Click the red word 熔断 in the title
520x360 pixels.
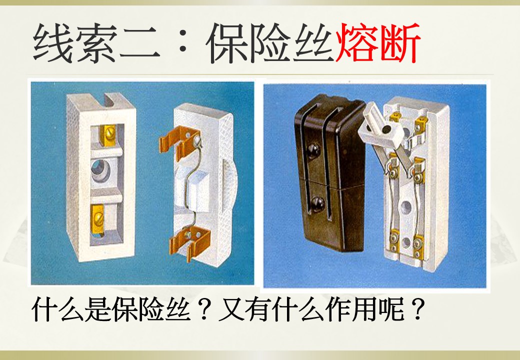(x=378, y=43)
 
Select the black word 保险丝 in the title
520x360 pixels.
(x=270, y=43)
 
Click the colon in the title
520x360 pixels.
(x=182, y=43)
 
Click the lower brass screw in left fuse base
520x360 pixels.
(x=98, y=217)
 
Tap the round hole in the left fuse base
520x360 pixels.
(x=101, y=170)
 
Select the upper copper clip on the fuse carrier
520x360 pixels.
(x=178, y=141)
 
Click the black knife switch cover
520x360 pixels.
(x=329, y=172)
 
